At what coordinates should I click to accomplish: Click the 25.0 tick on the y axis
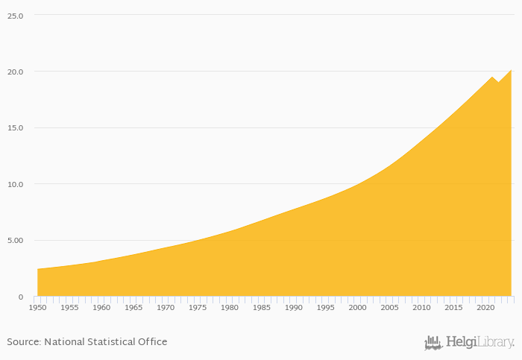[15, 16]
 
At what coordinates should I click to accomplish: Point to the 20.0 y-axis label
[15, 72]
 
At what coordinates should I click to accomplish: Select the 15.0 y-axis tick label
[15, 128]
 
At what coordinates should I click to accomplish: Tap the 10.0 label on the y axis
[15, 184]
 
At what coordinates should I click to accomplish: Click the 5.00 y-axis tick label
[15, 241]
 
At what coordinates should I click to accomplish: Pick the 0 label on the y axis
[21, 297]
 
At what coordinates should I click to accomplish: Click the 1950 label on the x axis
[37, 307]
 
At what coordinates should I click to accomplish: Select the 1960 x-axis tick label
[101, 307]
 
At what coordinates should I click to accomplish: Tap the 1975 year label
[198, 307]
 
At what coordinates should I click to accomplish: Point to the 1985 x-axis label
[262, 307]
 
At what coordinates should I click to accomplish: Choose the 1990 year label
[294, 307]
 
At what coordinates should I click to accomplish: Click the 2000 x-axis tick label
[358, 307]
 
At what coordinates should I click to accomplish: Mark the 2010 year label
[422, 307]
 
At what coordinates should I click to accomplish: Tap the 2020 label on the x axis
[486, 307]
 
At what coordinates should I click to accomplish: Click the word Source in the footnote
[23, 342]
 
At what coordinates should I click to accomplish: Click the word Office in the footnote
[154, 342]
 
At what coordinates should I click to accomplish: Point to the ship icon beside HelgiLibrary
[433, 343]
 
